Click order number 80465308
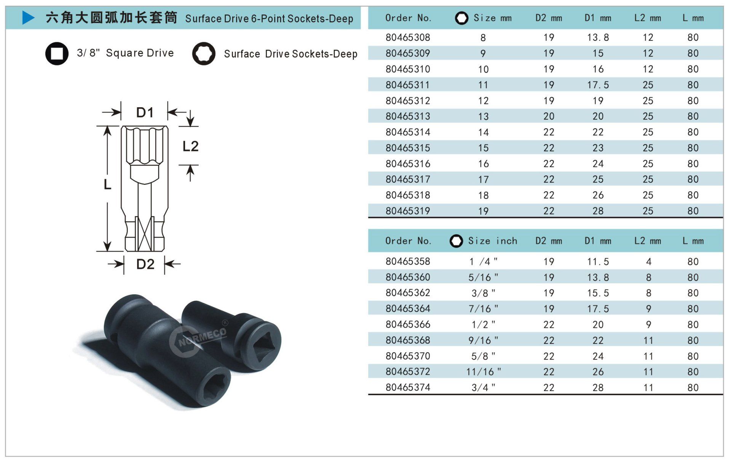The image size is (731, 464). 408,37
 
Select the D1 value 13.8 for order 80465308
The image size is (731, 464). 598,37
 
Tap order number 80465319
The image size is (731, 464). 408,211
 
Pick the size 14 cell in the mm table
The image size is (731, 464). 483,132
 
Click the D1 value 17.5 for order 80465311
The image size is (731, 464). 598,85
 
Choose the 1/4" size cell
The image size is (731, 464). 483,262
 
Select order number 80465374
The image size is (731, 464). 408,387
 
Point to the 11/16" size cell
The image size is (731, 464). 484,372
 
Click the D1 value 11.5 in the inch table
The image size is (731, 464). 598,262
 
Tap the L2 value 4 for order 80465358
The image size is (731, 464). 648,262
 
